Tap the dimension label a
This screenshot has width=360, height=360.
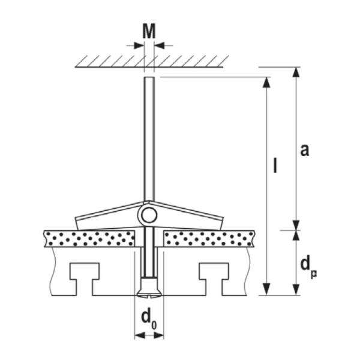(304, 150)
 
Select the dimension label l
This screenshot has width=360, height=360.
(274, 165)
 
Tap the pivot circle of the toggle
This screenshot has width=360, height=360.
(148, 214)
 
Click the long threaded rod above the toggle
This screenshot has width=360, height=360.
(148, 138)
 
